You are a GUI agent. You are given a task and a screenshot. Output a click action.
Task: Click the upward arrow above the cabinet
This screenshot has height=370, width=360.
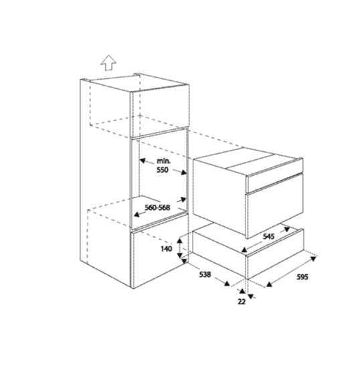pos(108,63)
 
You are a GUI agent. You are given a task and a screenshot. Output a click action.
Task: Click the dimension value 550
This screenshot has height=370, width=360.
pos(163,170)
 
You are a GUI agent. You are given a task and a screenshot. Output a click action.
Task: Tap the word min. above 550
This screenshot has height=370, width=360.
pos(163,161)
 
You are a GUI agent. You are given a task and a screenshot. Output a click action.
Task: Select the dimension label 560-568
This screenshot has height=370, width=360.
pos(157,207)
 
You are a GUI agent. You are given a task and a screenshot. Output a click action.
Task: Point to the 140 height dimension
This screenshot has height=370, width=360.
pos(167,249)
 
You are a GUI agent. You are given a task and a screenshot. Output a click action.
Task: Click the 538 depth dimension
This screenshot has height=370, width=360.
pos(205,274)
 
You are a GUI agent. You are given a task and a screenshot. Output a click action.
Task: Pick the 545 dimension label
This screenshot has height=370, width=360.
pos(268,236)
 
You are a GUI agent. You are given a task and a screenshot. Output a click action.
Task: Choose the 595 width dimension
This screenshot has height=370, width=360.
pos(302,277)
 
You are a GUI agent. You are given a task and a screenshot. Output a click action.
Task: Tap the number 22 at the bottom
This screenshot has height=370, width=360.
pos(242,302)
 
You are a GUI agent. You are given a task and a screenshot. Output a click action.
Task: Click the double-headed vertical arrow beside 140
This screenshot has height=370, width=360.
pos(180,248)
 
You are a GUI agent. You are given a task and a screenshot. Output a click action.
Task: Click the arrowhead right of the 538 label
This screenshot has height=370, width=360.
pos(227,284)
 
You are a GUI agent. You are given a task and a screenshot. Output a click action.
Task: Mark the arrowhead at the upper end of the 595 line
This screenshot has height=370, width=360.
pos(313,259)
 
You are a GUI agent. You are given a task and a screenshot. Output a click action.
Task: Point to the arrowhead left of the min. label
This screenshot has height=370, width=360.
pos(142,161)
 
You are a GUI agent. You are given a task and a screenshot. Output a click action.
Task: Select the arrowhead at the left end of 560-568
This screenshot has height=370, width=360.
pos(137,214)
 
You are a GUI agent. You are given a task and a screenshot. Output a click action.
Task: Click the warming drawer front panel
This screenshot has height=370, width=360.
pos(275,254)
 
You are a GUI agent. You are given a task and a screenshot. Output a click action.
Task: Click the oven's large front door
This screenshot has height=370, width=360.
pos(274,214)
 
